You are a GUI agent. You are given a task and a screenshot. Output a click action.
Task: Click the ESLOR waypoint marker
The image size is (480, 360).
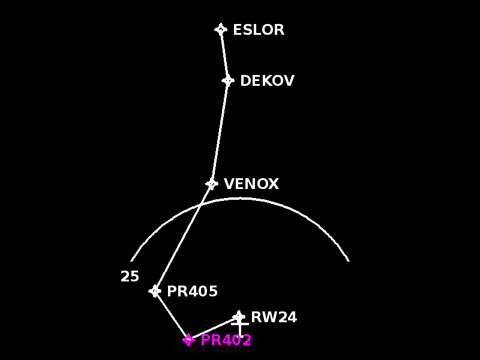[221, 29]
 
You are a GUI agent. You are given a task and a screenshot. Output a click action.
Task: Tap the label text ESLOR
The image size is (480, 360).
[258, 30]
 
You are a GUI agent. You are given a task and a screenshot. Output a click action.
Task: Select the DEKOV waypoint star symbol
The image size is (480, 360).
[228, 80]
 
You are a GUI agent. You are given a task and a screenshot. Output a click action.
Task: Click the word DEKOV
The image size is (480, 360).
[267, 81]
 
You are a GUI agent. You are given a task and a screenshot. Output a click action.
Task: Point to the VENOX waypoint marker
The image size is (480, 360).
[212, 184]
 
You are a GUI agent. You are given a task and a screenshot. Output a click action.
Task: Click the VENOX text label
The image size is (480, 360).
[251, 184]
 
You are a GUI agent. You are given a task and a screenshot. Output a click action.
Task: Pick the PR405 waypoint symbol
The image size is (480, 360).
[155, 291]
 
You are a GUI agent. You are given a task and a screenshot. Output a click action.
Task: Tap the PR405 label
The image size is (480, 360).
[192, 292]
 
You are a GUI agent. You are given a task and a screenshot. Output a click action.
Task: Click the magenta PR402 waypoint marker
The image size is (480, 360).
[188, 340]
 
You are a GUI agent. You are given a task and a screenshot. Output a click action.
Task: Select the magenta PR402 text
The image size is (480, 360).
[226, 340]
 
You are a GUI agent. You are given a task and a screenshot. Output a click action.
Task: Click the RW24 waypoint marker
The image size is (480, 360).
[239, 316]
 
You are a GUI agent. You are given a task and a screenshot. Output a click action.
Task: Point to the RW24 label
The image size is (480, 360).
[274, 317]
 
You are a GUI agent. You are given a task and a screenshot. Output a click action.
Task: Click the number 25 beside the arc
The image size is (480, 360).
[130, 277]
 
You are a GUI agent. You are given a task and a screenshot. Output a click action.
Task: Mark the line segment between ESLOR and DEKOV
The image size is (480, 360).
[224, 55]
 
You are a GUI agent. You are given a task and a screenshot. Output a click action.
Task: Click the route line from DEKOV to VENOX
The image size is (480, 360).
[220, 132]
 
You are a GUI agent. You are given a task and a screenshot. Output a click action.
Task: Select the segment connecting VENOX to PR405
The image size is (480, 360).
[183, 238]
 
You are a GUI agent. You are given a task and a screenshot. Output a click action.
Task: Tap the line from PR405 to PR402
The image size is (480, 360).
[172, 316]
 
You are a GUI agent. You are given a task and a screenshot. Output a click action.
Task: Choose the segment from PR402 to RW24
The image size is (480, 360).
[214, 328]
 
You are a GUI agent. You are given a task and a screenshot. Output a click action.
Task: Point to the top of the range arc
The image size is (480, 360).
[240, 198]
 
